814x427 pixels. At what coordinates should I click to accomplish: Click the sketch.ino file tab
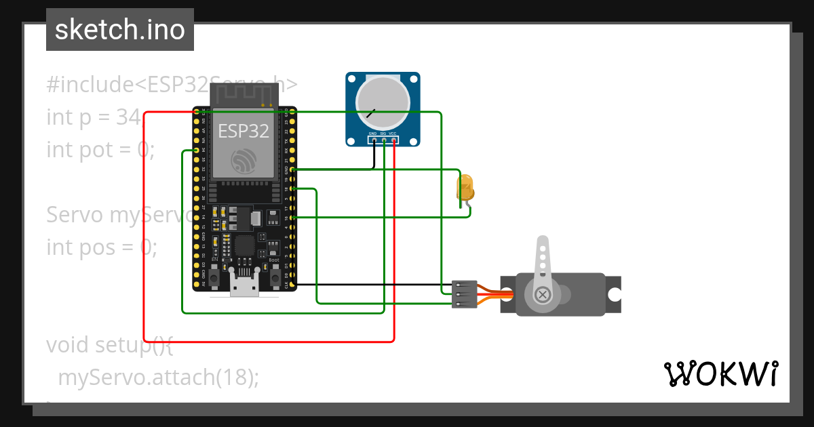[119, 30]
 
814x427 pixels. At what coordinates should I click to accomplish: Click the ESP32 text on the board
[243, 131]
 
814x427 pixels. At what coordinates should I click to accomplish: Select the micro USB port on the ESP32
[244, 286]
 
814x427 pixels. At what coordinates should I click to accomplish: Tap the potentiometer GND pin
[373, 141]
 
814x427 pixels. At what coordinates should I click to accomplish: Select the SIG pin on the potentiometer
[383, 141]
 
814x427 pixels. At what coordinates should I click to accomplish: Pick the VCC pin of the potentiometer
[393, 141]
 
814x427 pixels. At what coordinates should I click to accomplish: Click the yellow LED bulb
[466, 188]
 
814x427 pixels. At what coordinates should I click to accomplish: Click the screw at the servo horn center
[543, 294]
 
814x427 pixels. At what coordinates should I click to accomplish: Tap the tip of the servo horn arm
[543, 243]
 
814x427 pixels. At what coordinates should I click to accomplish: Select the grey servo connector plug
[464, 294]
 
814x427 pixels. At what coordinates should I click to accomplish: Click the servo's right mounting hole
[614, 295]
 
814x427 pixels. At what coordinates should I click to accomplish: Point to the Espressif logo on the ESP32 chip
[243, 161]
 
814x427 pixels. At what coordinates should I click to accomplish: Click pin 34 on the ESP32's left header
[197, 150]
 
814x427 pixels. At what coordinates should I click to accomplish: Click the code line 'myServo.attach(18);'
[159, 377]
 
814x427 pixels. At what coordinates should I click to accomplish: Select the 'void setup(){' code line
[110, 344]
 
